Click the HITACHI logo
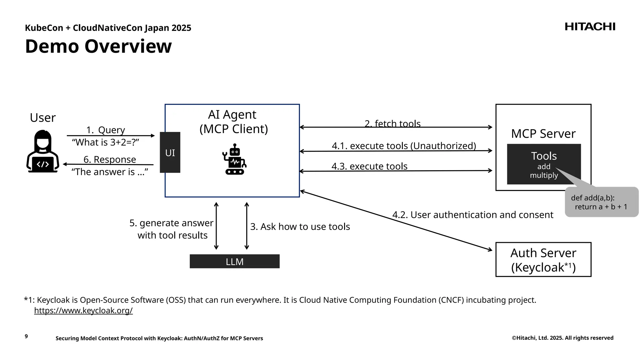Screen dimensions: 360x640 click(x=590, y=27)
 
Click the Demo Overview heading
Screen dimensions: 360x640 click(x=98, y=46)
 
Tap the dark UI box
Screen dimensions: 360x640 click(x=170, y=152)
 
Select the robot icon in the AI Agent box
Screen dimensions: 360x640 click(x=235, y=159)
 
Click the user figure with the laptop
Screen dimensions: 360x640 click(x=43, y=152)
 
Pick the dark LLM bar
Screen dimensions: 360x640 click(x=234, y=262)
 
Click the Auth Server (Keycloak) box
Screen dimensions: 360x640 click(x=543, y=260)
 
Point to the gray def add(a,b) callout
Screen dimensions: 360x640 click(x=601, y=202)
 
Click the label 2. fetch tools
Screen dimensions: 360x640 click(x=392, y=124)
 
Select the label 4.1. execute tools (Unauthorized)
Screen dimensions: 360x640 click(x=404, y=146)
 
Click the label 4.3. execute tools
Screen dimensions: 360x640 click(x=369, y=166)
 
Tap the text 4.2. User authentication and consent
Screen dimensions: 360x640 click(x=472, y=215)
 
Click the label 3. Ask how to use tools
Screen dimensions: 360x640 click(x=300, y=227)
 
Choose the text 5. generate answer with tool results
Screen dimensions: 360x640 click(x=172, y=229)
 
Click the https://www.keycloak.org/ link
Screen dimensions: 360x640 click(x=83, y=311)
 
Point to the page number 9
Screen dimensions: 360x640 click(x=26, y=336)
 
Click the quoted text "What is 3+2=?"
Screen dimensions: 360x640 click(x=105, y=142)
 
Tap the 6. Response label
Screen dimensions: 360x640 click(x=110, y=160)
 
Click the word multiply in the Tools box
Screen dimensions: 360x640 click(x=544, y=175)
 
